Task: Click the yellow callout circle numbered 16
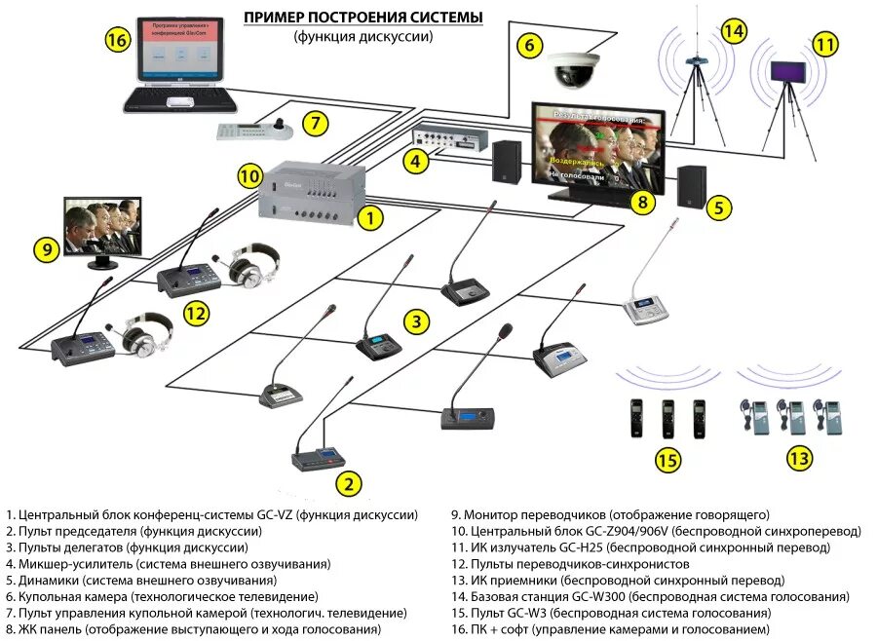pos(118,40)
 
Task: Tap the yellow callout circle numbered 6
pos(528,45)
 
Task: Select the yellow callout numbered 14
pos(733,31)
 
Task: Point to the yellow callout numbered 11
pos(825,45)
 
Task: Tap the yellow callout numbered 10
pos(250,175)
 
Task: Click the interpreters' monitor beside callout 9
pos(101,228)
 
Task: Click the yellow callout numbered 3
pos(416,320)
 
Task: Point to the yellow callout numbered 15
pos(667,460)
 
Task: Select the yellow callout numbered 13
pos(799,457)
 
